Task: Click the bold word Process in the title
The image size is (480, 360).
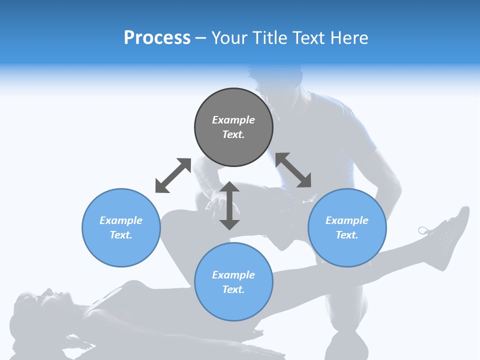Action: click(x=157, y=38)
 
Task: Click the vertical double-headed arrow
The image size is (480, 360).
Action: click(x=229, y=205)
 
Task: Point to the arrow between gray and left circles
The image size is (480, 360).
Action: click(x=173, y=175)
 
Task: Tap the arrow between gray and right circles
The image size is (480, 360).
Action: click(x=293, y=170)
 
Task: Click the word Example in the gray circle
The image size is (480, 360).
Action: click(x=233, y=120)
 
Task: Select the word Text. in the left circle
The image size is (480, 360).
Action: click(x=121, y=235)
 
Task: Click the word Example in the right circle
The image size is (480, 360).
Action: click(x=347, y=220)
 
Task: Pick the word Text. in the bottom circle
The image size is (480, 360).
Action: click(x=233, y=289)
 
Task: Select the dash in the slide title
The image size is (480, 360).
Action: click(x=200, y=38)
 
